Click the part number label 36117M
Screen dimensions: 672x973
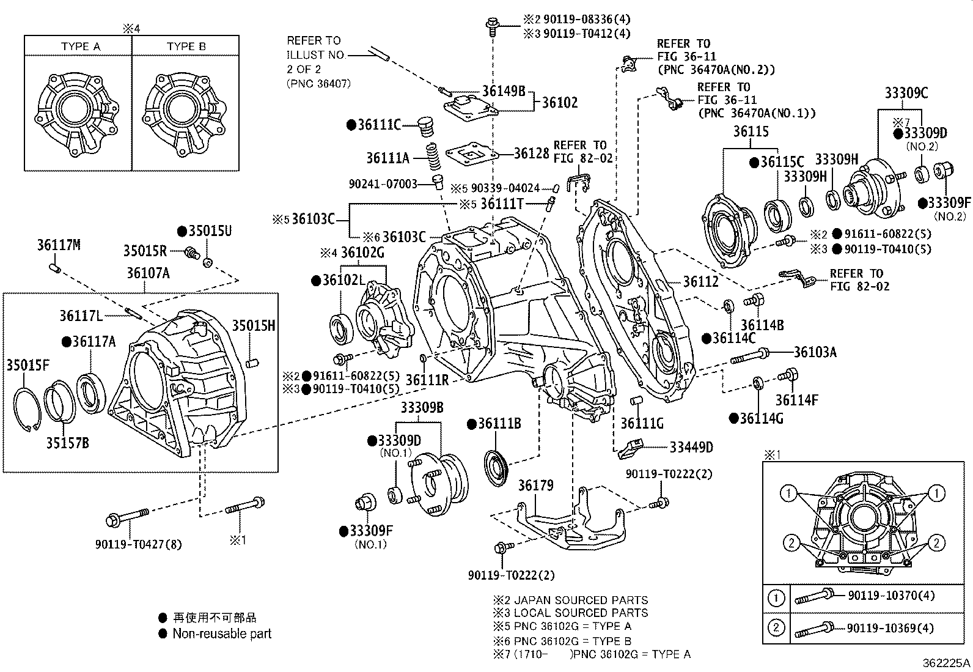59,245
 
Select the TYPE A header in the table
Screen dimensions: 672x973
81,46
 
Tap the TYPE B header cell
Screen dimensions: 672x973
186,46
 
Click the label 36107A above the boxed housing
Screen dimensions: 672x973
148,273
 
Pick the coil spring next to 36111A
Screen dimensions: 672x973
433,157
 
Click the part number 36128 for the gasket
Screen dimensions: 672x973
531,153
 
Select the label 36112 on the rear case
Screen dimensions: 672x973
700,281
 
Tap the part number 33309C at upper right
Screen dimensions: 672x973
906,93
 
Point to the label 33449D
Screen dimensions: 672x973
691,447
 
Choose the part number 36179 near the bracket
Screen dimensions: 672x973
535,486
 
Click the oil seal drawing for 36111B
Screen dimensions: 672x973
496,468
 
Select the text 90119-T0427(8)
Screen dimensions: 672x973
138,544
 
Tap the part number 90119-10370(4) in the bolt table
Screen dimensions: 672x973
890,596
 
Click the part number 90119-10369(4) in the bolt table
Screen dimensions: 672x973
890,628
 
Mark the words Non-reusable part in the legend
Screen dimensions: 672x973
222,634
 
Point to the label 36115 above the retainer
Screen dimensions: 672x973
751,131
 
